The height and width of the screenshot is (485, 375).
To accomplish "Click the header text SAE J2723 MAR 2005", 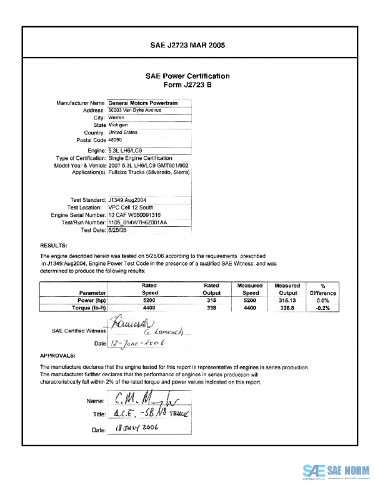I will (187, 45).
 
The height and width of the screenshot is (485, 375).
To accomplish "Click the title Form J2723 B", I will (187, 84).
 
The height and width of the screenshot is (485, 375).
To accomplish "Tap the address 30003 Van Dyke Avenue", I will (135, 110).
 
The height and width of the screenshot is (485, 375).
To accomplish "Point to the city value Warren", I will (116, 117).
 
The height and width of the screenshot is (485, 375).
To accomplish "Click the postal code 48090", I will (116, 140).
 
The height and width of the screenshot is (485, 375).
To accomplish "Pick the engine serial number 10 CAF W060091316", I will (139, 214).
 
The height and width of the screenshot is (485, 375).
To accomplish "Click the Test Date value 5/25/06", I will (117, 229).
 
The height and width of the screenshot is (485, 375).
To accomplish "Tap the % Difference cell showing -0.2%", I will (322, 307).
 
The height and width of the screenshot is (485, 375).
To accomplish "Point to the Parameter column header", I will (92, 292).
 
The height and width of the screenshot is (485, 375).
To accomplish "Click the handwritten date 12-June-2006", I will (136, 343).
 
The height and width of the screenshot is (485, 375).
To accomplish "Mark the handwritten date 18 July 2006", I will (134, 429).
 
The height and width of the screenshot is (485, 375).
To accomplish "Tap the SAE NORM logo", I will (336, 471).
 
